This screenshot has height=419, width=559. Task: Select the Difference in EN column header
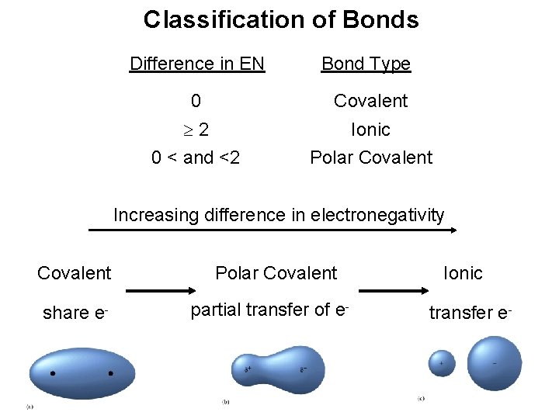tap(197, 64)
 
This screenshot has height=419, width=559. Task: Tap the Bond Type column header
tap(366, 64)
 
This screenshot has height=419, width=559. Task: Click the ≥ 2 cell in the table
tap(196, 130)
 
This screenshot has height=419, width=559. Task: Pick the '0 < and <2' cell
tap(196, 158)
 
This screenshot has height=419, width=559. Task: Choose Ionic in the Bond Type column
tap(370, 130)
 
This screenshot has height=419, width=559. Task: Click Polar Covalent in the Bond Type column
tap(371, 158)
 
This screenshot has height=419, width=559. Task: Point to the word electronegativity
tap(377, 215)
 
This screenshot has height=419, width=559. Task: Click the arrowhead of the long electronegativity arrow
tap(455, 230)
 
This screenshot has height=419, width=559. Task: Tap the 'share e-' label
tap(75, 313)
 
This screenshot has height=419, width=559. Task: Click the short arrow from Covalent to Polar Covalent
tap(160, 293)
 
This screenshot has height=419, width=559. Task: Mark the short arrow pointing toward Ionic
tap(393, 293)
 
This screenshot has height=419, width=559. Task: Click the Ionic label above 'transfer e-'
tap(463, 273)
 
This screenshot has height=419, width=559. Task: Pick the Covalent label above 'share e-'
tap(75, 273)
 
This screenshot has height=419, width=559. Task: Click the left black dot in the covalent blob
tap(53, 373)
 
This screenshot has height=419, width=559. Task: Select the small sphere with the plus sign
tap(441, 363)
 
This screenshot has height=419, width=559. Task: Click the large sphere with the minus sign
tap(495, 364)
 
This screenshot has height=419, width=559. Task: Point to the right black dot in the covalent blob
tap(111, 373)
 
